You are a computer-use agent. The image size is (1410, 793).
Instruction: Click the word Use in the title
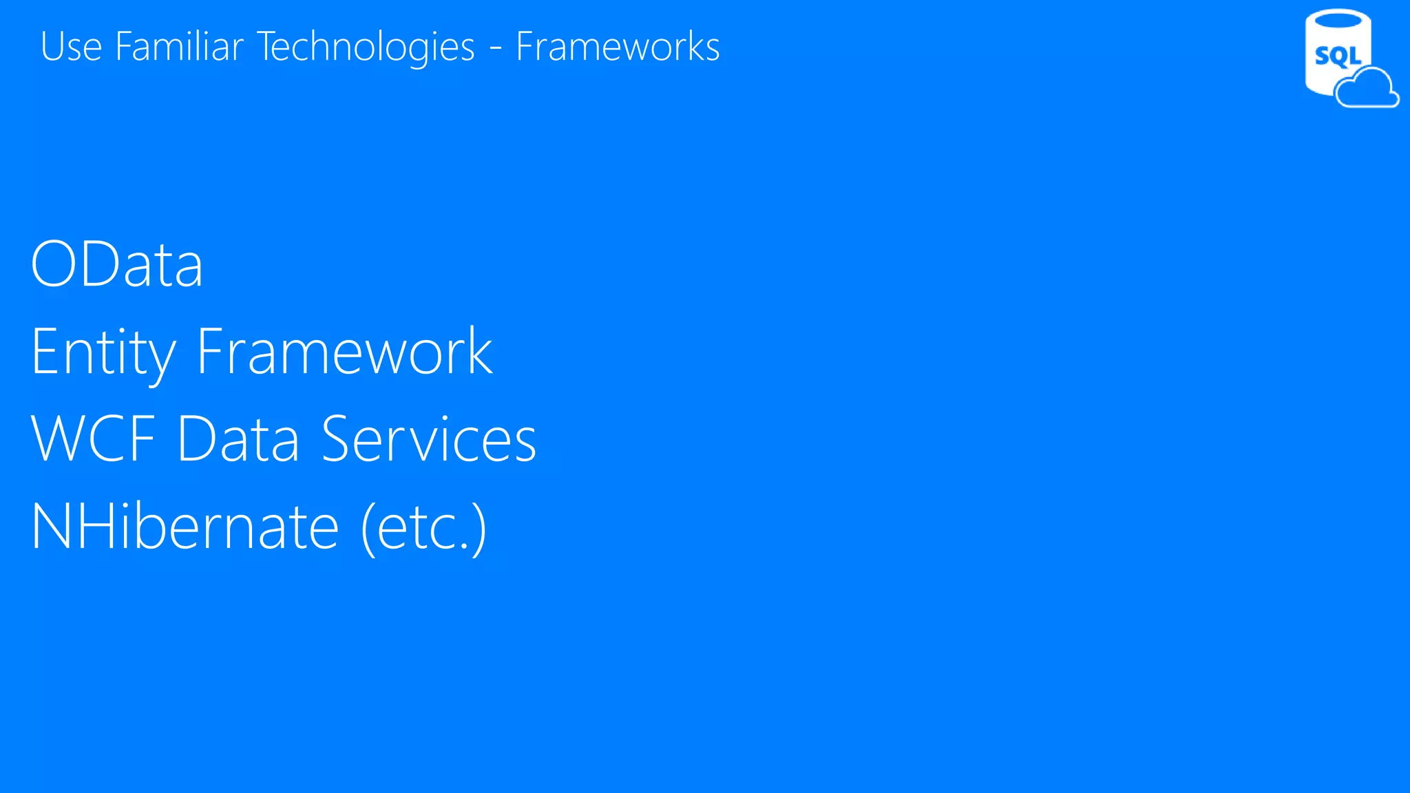click(x=71, y=47)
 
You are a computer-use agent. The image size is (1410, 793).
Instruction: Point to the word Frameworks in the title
click(x=618, y=47)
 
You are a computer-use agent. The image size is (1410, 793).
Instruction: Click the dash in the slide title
click(x=495, y=48)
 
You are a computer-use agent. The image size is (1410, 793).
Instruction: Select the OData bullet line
click(x=117, y=264)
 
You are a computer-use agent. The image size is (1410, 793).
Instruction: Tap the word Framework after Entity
click(x=344, y=352)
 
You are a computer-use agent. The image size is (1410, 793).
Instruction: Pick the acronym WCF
click(x=94, y=439)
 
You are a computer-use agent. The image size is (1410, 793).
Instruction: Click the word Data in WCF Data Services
click(x=238, y=439)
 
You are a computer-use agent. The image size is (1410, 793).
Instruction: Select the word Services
click(x=428, y=439)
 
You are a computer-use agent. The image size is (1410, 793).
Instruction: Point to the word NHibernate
click(x=185, y=527)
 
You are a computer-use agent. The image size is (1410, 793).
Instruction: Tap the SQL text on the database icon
click(x=1337, y=56)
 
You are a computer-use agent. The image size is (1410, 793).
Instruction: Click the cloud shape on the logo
click(x=1367, y=88)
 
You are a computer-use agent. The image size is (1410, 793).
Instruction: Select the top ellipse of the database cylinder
click(x=1338, y=19)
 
